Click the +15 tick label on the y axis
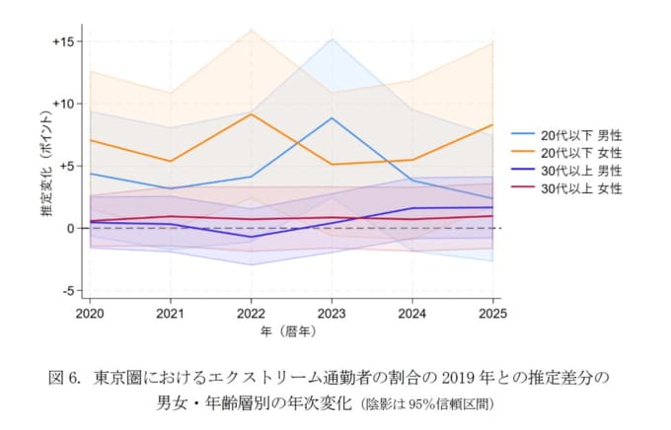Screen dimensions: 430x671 click(x=64, y=41)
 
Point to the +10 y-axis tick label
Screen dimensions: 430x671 click(x=64, y=104)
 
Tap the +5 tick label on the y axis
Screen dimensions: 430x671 click(x=67, y=166)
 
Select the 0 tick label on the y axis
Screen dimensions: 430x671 click(x=71, y=228)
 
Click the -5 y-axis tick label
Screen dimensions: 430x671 click(x=68, y=290)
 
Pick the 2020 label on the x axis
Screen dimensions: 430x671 click(x=90, y=313)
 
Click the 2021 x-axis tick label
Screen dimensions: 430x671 click(x=171, y=313)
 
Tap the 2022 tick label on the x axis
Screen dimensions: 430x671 click(x=252, y=313)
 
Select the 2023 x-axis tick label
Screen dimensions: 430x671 click(x=332, y=313)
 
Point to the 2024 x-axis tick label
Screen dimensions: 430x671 click(x=412, y=313)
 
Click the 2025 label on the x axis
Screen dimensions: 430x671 click(x=492, y=313)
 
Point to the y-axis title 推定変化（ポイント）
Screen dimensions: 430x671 click(x=46, y=167)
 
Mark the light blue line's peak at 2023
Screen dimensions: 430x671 click(x=332, y=118)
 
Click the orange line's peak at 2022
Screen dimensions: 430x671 click(x=252, y=114)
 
